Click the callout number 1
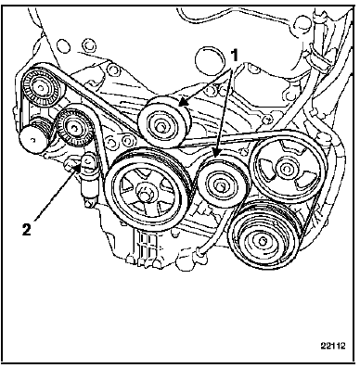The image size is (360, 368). pyautogui.click(x=235, y=57)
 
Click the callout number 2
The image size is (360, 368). pyautogui.click(x=27, y=229)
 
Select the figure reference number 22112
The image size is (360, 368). pyautogui.click(x=332, y=346)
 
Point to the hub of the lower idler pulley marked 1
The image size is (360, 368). pyautogui.click(x=220, y=186)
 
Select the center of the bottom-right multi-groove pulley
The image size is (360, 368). pyautogui.click(x=263, y=240)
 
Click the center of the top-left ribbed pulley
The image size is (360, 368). pyautogui.click(x=40, y=87)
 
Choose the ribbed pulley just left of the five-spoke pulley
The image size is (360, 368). pyautogui.click(x=74, y=127)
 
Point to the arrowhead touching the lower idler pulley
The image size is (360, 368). pyautogui.click(x=216, y=153)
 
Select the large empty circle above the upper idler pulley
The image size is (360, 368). pyautogui.click(x=211, y=61)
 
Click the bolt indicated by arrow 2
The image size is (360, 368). pyautogui.click(x=87, y=161)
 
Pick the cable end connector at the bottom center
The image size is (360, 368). pyautogui.click(x=200, y=253)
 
